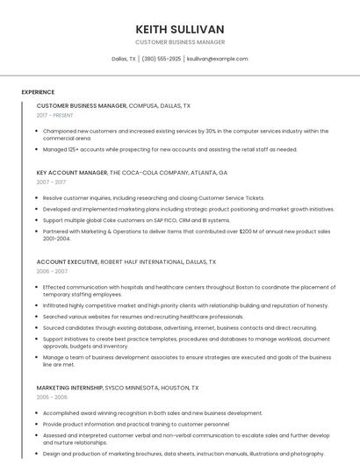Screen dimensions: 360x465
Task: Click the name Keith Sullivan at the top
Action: (180, 29)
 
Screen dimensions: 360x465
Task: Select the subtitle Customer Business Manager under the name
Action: (180, 42)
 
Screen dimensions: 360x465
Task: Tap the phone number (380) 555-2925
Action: (161, 59)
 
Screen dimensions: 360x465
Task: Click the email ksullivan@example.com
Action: (218, 59)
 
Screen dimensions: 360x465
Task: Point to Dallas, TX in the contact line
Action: (124, 59)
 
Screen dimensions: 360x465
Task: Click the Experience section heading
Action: (38, 92)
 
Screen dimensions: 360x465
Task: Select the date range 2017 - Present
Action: (55, 115)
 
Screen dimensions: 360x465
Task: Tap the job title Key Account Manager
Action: (72, 173)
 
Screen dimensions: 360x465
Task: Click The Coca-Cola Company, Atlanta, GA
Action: (169, 173)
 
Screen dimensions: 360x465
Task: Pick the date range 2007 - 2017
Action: (51, 182)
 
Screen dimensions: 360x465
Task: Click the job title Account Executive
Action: (68, 261)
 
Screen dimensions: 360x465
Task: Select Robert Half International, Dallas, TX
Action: (158, 261)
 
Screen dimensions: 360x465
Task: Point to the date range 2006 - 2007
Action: (52, 271)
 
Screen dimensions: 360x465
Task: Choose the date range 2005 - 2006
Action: (52, 397)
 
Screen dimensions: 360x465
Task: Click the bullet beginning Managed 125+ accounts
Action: (169, 149)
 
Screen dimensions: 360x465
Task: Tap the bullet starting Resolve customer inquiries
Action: (153, 198)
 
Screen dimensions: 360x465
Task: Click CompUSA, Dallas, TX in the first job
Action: (160, 105)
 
